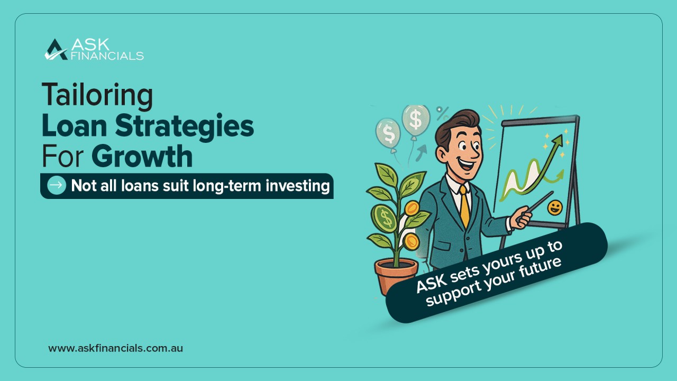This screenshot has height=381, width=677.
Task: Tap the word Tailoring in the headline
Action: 97,95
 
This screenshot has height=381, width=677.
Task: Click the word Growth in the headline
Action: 142,157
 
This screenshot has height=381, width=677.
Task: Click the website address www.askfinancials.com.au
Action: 115,348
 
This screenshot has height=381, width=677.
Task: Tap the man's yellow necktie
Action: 465,206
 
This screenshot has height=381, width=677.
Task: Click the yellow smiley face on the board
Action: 554,207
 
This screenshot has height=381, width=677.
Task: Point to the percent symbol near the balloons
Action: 442,113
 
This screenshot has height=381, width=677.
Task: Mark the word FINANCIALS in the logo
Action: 107,55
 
